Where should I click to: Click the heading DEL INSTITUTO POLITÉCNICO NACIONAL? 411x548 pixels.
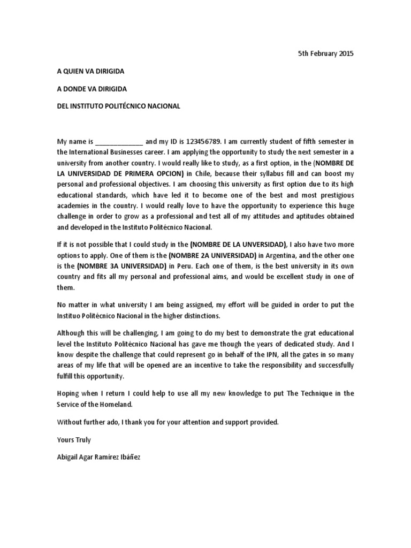tap(119, 106)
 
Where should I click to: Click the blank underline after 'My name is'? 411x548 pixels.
tap(119, 142)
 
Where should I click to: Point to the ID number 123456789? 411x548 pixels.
tap(203, 142)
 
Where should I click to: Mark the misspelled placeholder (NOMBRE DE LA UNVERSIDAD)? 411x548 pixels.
tap(238, 245)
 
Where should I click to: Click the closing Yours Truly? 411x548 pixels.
tap(74, 440)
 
